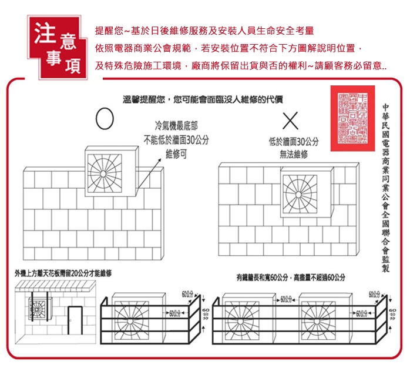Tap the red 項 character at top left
pos(72,65)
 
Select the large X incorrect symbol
pos(290,120)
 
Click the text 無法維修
pos(294,154)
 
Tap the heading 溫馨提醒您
pos(144,99)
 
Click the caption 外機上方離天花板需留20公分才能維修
pos(63,273)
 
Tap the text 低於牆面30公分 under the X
pos(293,142)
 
